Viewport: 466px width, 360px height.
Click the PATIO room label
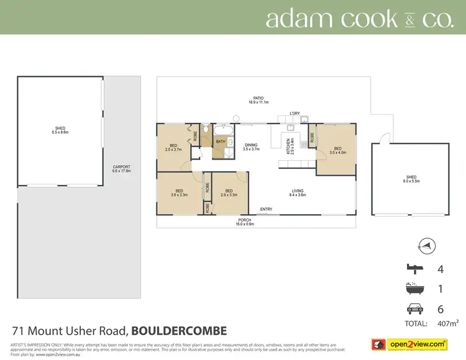[x=259, y=98]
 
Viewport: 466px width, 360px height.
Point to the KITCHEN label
[x=288, y=147]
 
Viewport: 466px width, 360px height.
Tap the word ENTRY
[x=266, y=209]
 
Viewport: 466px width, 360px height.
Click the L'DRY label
[x=295, y=114]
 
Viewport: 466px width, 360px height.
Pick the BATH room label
[x=221, y=142]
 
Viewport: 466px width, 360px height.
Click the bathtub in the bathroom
[x=222, y=130]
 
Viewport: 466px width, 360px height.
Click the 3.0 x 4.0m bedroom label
[x=337, y=150]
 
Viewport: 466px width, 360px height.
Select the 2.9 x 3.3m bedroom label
[x=229, y=192]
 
